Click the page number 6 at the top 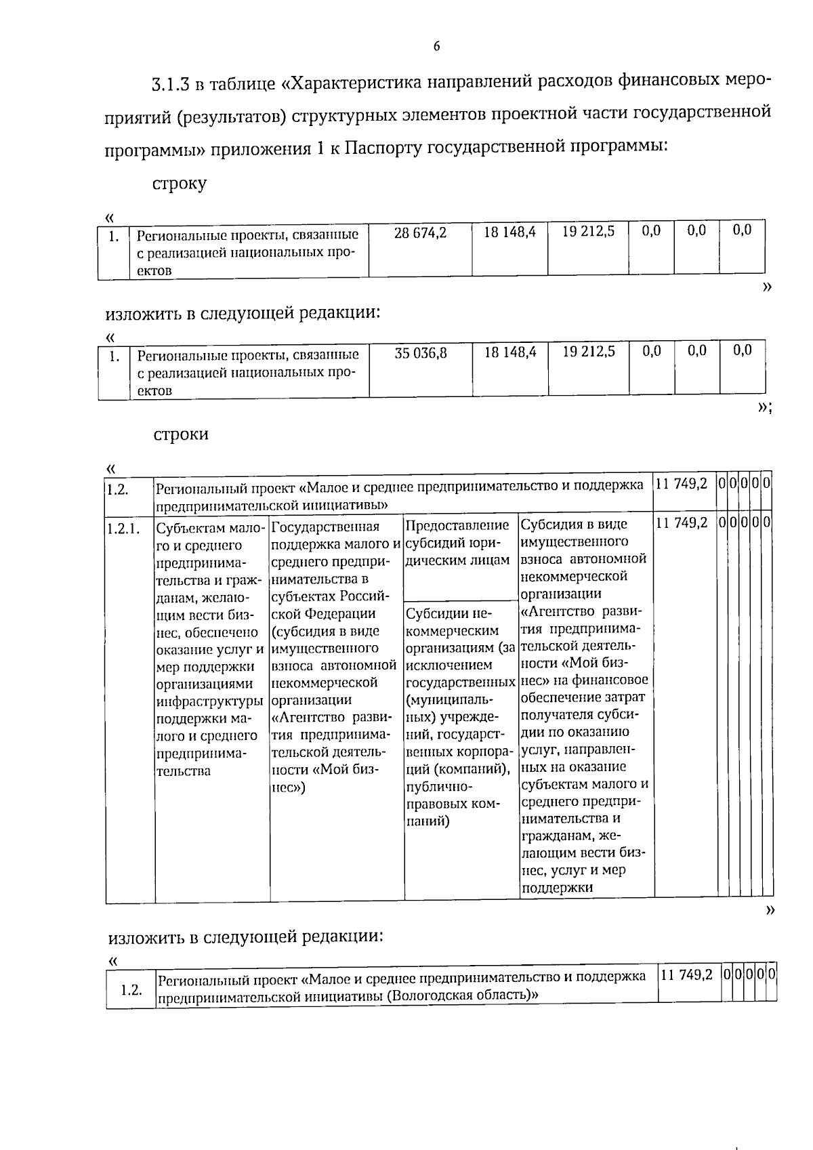point(436,46)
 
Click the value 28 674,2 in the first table point(420,232)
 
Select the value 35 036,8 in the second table point(421,352)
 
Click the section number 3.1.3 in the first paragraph point(171,84)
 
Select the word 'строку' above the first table point(180,184)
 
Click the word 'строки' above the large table point(181,434)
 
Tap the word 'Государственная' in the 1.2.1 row point(325,527)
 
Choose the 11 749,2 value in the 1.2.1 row point(682,522)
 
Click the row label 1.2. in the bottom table point(131,989)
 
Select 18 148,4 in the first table point(509,232)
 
